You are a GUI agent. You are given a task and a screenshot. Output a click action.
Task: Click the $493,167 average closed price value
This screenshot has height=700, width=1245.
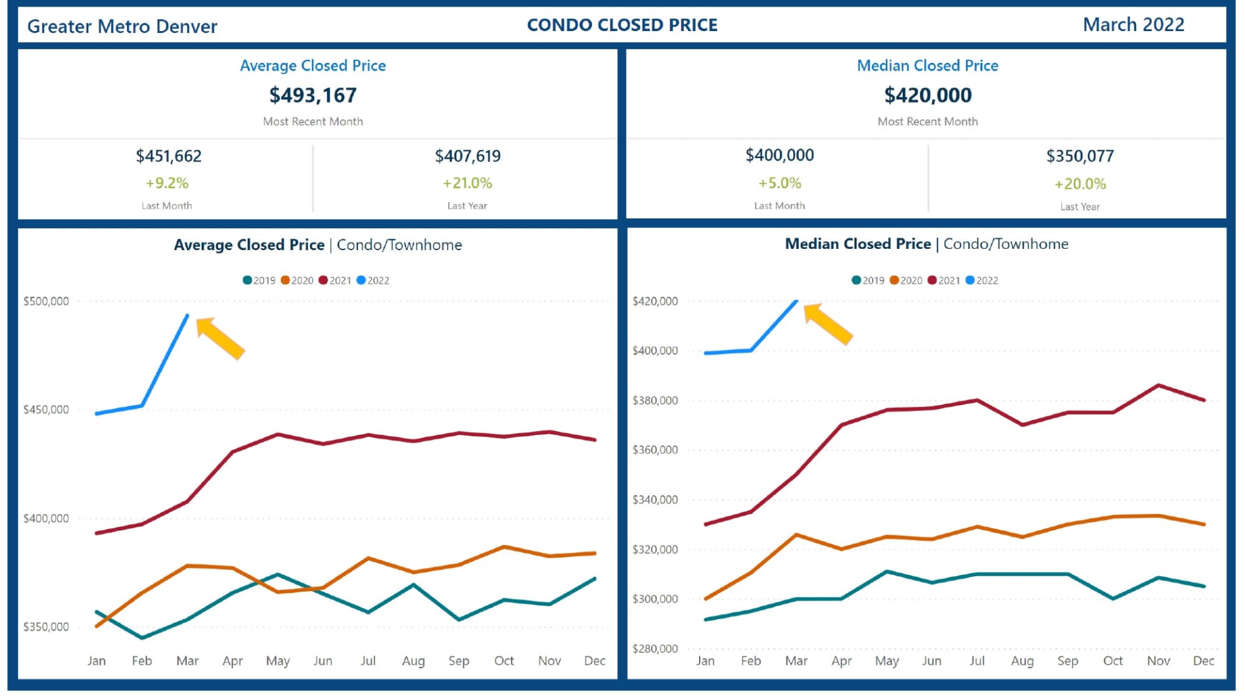pos(313,95)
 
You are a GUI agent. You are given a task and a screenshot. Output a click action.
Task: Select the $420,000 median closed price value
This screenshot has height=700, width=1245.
pos(927,95)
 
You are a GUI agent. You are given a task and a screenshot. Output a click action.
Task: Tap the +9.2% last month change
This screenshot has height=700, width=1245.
pos(167,183)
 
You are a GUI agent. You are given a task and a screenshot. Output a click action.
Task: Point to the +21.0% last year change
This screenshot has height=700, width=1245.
pos(467,183)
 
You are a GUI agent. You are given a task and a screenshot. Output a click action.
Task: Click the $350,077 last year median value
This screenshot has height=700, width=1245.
pos(1080,156)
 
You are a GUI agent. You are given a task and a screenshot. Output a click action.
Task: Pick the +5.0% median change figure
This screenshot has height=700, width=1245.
pos(779,183)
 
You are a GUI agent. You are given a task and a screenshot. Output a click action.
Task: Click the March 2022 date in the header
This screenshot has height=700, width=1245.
pos(1133,25)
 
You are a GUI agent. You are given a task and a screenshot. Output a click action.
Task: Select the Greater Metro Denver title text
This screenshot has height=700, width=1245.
pos(122,27)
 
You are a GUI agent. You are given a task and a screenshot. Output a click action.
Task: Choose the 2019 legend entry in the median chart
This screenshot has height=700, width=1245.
pos(868,281)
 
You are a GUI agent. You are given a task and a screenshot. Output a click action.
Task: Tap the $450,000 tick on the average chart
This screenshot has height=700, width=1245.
pos(46,410)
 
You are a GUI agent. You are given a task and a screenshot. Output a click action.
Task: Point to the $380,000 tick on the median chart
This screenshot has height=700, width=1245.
pos(655,401)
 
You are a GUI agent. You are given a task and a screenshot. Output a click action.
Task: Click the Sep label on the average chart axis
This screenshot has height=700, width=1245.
pos(458,661)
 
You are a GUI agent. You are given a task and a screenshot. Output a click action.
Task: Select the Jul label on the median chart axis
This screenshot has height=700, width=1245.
pos(977,661)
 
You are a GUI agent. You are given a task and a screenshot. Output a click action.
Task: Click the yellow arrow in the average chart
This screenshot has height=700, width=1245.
pos(220,338)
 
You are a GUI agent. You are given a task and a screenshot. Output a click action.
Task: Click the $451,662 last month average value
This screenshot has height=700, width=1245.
pos(169,156)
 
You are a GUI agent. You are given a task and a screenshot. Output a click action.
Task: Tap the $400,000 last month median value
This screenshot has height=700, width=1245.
pos(779,156)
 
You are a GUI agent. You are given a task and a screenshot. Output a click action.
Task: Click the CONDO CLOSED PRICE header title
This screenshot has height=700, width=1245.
pos(622,25)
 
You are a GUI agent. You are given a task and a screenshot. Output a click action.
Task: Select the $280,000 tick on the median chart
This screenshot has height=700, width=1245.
pos(655,649)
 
